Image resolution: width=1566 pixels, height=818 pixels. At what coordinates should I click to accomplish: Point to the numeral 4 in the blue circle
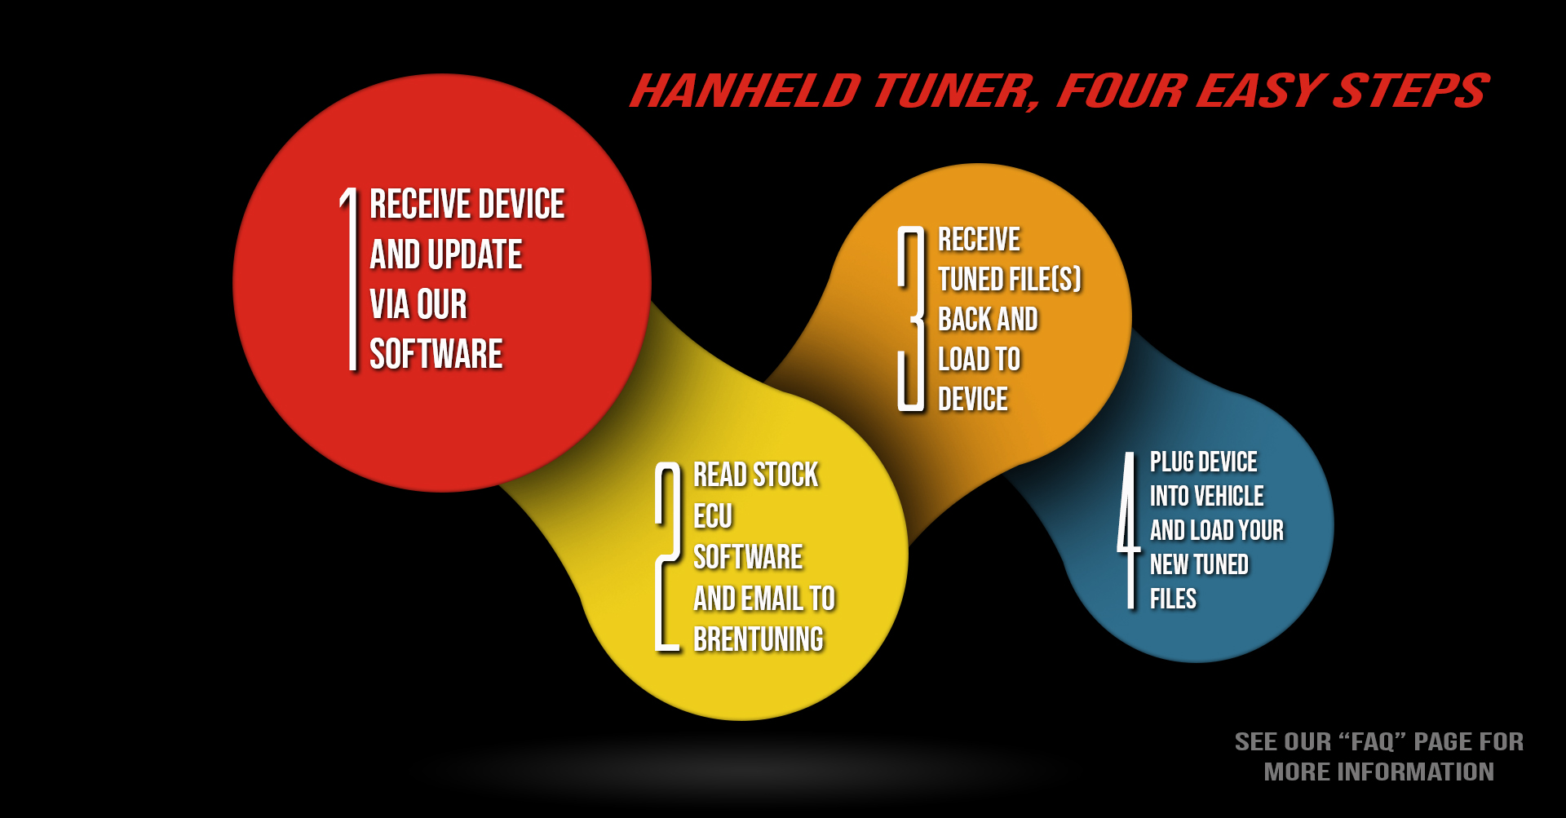click(1130, 530)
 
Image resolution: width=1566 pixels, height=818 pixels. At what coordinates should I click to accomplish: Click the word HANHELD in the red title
click(745, 91)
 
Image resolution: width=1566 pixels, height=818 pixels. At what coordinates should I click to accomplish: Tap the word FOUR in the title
click(1121, 91)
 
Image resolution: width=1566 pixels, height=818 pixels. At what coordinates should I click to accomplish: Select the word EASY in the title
click(1261, 91)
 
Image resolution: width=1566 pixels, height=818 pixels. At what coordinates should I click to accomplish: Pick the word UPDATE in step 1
click(474, 254)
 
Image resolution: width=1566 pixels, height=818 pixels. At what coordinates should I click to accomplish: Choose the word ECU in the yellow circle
click(713, 516)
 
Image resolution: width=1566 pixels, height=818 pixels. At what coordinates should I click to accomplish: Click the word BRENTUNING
click(759, 639)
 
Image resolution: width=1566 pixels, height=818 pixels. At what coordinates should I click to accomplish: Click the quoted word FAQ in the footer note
click(1373, 741)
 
